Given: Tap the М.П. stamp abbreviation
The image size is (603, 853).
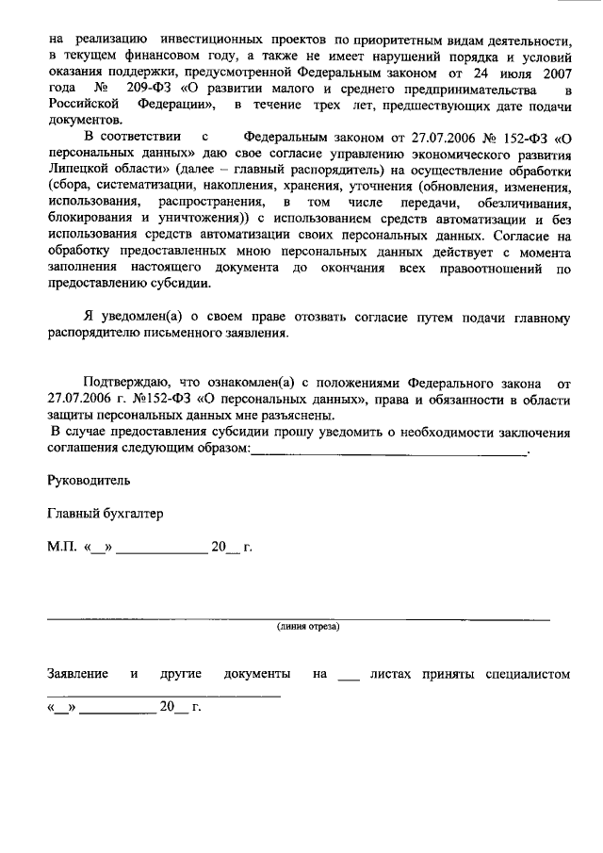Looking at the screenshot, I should pyautogui.click(x=62, y=548).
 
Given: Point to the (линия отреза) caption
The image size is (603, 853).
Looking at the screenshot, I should pyautogui.click(x=308, y=627).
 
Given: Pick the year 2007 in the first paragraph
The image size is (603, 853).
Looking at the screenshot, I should pyautogui.click(x=555, y=73).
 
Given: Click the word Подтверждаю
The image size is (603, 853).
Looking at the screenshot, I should pyautogui.click(x=125, y=384).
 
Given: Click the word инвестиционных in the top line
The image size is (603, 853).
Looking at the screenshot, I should pyautogui.click(x=212, y=41).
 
